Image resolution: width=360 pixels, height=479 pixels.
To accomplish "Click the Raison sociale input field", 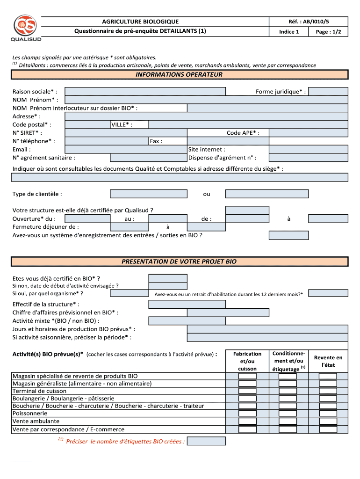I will pos(145,91).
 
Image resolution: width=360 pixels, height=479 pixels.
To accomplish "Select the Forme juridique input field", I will pos(329,91).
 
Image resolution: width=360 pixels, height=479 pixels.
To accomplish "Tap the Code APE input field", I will pos(309,133).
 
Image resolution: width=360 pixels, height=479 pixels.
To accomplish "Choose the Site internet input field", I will pos(309,149).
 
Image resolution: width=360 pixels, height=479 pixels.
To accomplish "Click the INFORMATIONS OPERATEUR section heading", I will pos(180,74).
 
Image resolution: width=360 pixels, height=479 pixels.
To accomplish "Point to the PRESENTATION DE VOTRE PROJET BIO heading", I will pos(180,261).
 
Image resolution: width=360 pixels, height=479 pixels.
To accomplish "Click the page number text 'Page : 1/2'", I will pos(329,32).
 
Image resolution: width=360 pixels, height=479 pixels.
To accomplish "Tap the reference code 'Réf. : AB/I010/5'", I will pos(309,22).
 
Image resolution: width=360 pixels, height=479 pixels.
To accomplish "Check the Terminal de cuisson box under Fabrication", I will pos(247,391).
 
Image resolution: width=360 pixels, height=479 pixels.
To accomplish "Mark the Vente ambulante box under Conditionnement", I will pos(288,421).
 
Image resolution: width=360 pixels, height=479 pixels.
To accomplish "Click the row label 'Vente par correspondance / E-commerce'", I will pos(69,429).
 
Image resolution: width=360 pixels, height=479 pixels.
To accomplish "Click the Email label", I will pos(22,149).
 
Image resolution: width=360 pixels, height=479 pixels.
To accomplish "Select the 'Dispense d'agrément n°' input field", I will pos(309,158).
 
